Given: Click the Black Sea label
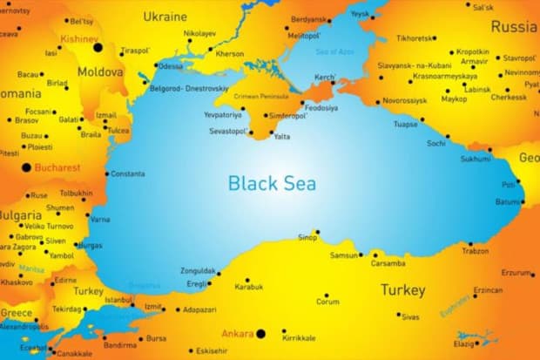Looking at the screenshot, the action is click(272, 183).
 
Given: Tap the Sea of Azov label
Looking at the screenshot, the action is click(334, 51).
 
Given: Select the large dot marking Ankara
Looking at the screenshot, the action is click(260, 333).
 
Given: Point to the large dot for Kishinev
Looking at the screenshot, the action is click(98, 47).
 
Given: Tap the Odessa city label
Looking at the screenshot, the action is click(171, 66).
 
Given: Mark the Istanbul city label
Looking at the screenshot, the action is click(118, 299).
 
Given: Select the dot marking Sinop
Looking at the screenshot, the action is click(318, 232).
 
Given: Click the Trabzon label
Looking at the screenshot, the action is click(475, 251).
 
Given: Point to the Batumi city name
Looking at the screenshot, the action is click(508, 201).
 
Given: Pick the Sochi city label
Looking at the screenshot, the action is click(436, 143).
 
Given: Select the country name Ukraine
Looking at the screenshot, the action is click(165, 17).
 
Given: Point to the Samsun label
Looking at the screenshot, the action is click(345, 255).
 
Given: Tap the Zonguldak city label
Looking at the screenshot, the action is click(198, 271).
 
